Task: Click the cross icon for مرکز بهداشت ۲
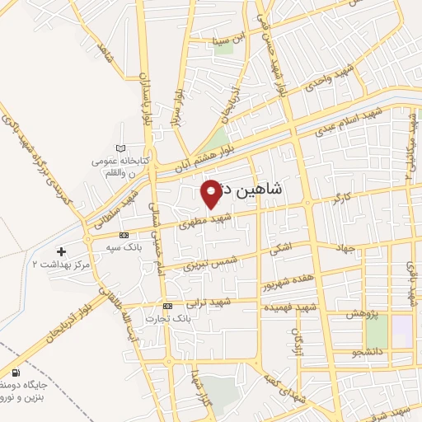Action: point(60,251)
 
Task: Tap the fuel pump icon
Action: point(16,373)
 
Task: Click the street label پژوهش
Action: point(361,315)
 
